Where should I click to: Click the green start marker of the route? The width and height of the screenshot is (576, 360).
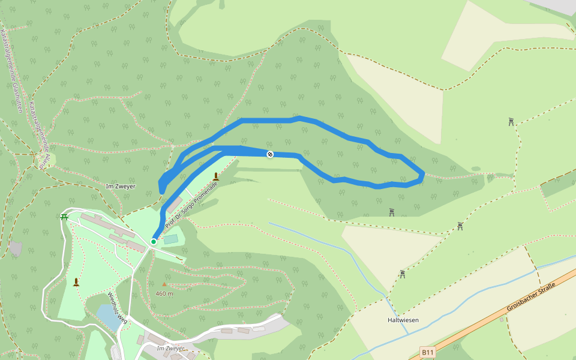tap(154, 241)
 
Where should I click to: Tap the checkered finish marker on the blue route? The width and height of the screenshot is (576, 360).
tap(270, 154)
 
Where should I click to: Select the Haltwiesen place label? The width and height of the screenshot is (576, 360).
tap(403, 320)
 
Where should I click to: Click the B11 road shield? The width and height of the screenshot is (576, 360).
tap(427, 352)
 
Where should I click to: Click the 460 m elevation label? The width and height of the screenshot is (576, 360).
tap(164, 293)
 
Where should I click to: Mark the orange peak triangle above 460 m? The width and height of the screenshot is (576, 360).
tap(164, 284)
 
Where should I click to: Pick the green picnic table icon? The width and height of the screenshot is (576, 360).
tap(64, 217)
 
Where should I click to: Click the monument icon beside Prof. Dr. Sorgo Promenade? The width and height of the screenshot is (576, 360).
tap(216, 176)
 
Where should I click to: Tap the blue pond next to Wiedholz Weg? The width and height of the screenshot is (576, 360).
tap(108, 316)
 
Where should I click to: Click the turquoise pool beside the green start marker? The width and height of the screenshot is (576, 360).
tap(171, 239)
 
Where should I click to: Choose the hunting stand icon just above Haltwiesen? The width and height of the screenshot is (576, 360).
tap(403, 274)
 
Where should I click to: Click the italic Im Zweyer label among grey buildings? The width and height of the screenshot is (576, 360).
tap(170, 348)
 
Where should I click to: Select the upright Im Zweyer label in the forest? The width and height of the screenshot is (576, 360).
tap(120, 186)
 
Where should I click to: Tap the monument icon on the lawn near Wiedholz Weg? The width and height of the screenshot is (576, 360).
tap(76, 281)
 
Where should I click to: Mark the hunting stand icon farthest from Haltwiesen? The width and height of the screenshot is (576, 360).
tap(511, 122)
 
